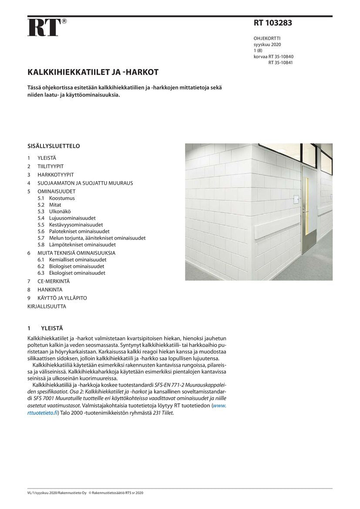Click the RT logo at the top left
pos(44,27)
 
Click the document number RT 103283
pos(273,23)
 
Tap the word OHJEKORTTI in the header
pos(267,38)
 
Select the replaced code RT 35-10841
pos(280,62)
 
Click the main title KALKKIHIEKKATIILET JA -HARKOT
pos(93,72)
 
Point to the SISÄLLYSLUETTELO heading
pos(54,146)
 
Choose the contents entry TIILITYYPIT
pos(50,166)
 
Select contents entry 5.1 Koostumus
pos(62,198)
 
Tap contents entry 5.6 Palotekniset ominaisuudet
pos(79,231)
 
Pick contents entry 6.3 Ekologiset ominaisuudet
pos(77,273)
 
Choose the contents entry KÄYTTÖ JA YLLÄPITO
pos(62,298)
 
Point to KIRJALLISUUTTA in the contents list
pos(47,306)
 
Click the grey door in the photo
pos(309,209)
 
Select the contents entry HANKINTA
pos(50,290)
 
